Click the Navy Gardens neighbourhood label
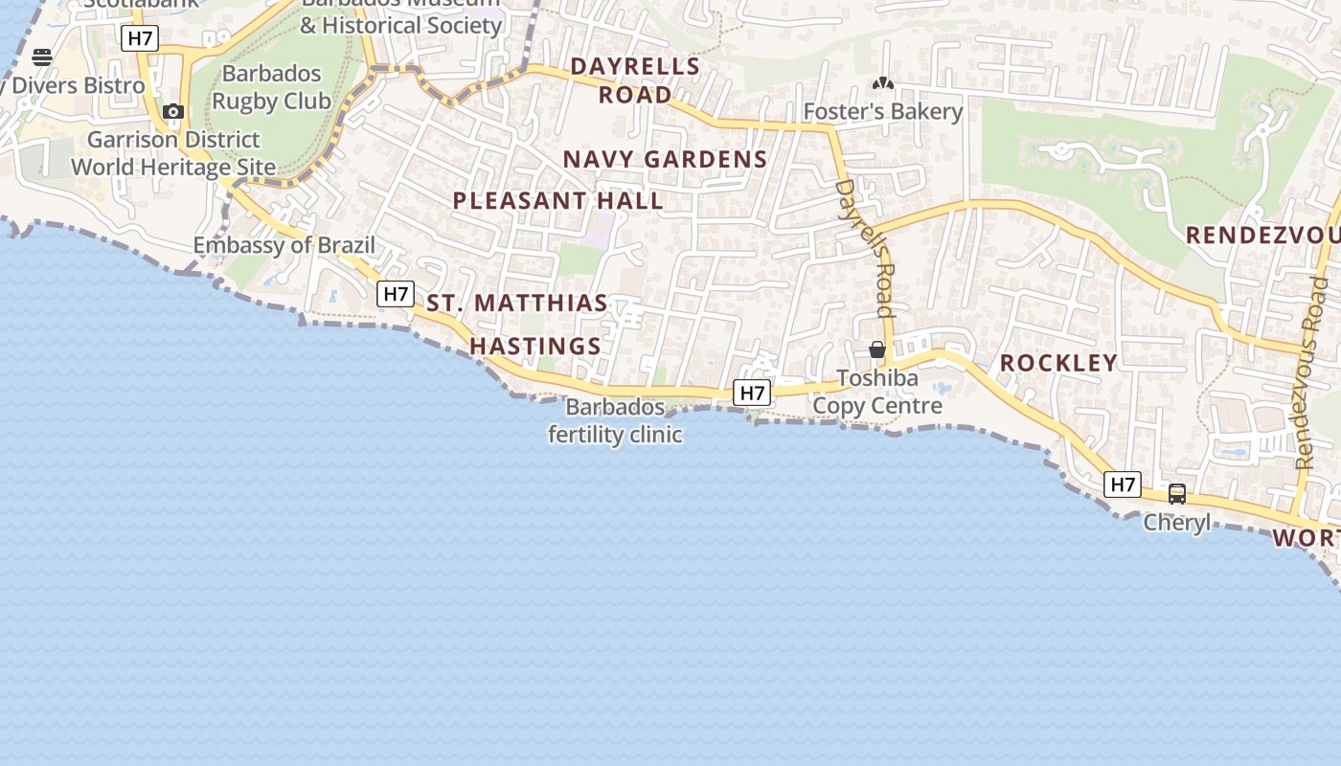665,159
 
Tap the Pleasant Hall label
557,201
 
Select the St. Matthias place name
517,304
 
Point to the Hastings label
535,346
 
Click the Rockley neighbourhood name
1058,363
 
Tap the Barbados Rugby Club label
271,87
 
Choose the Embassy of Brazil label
284,245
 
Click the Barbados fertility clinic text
615,421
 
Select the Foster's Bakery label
882,112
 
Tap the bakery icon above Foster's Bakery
882,84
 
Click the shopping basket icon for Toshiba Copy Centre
876,349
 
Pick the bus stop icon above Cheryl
1177,494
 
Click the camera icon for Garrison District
173,112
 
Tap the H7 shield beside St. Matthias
396,294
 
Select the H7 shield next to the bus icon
1123,484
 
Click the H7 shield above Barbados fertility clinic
752,393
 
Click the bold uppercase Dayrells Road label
635,80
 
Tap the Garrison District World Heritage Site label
173,153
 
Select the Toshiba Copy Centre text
877,393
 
